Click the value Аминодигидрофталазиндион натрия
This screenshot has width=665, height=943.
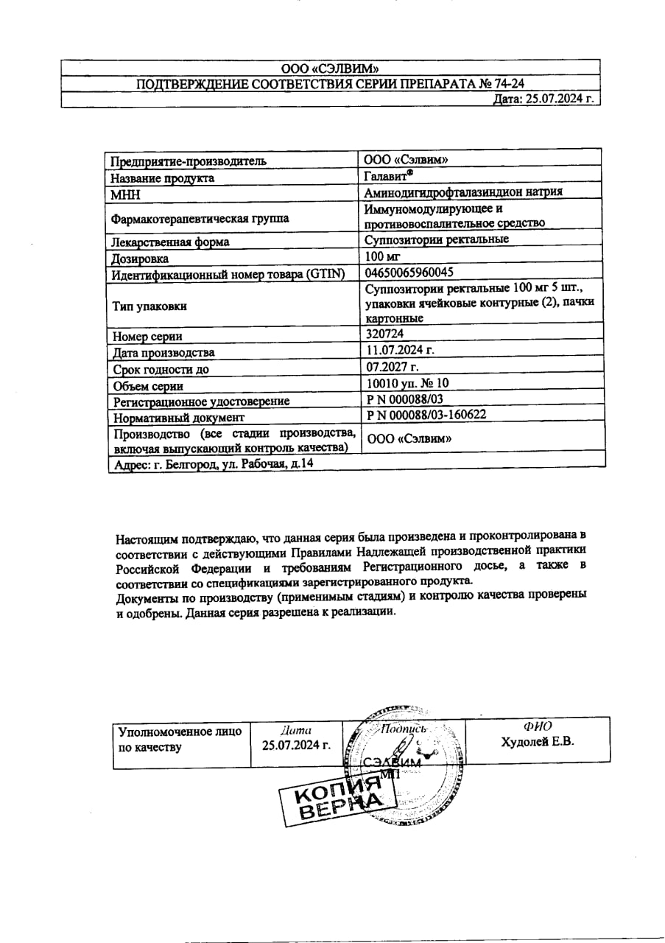(x=464, y=192)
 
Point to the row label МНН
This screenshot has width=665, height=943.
(x=124, y=195)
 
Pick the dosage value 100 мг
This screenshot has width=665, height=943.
(x=381, y=257)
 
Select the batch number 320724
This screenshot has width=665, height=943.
(x=384, y=334)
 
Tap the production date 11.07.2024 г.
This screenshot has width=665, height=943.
(x=399, y=350)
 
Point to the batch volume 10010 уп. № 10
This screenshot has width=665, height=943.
(x=407, y=383)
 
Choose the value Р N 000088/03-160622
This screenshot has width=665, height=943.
(x=426, y=415)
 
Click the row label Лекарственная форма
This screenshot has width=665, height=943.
(x=169, y=242)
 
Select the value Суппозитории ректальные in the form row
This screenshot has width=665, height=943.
(x=436, y=239)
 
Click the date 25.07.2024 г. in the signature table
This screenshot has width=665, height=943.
(x=296, y=744)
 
